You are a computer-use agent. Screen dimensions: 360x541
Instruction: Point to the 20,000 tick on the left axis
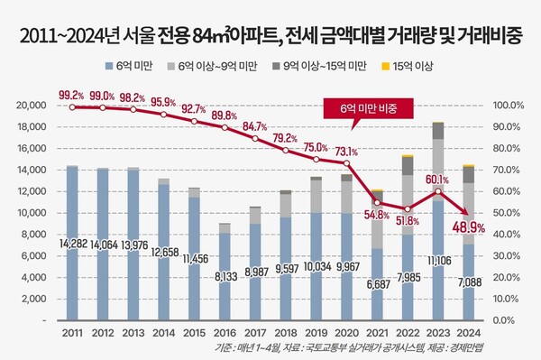pos(32,105)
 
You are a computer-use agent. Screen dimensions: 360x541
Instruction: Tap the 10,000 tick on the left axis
pos(32,213)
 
